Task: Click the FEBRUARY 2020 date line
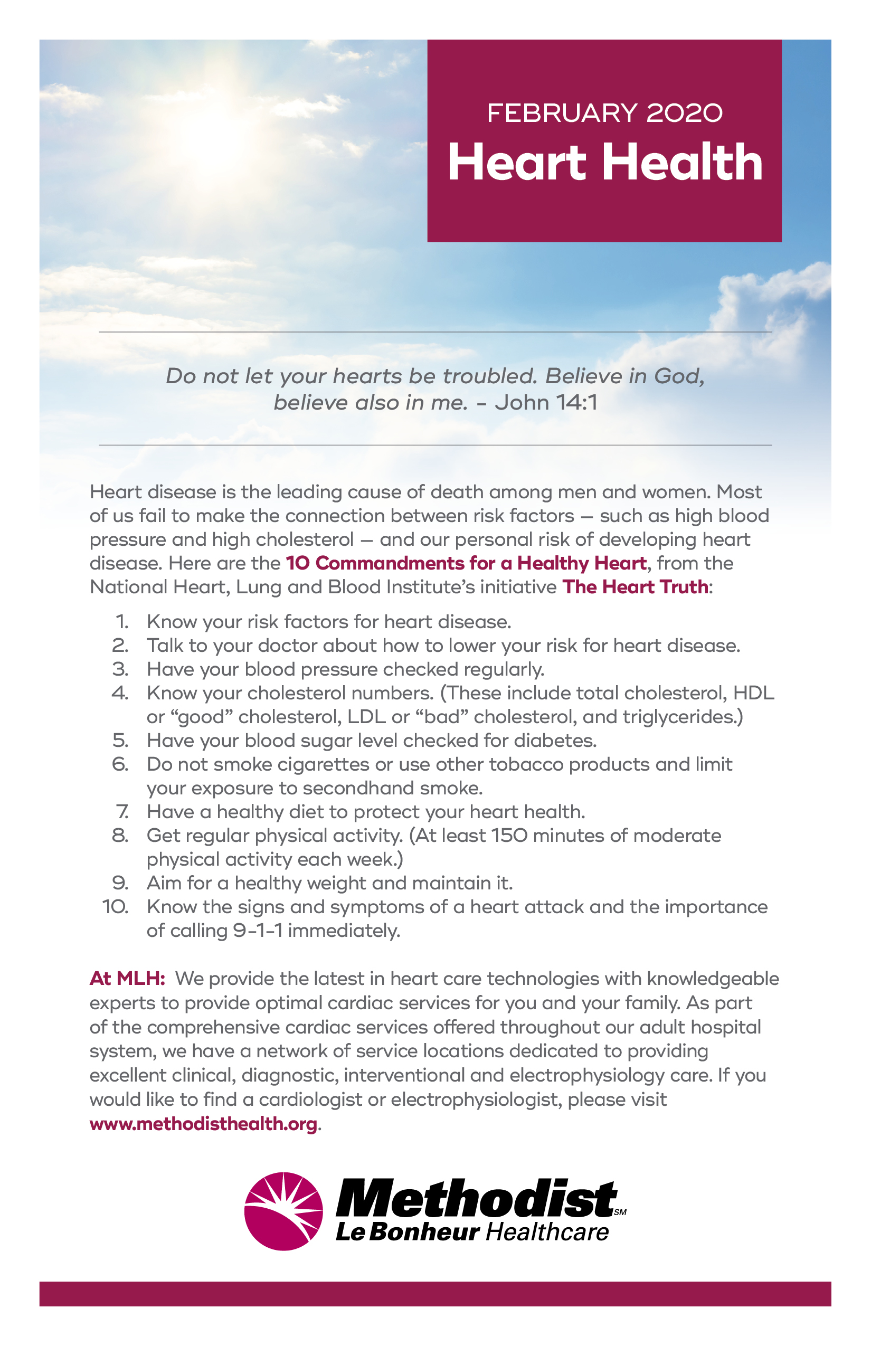[x=604, y=113]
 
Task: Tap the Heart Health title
[x=604, y=163]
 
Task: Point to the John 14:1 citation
[x=546, y=403]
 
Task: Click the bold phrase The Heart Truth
[x=635, y=587]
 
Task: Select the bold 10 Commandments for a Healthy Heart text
[x=466, y=563]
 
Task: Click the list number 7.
[x=122, y=812]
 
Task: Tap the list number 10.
[x=116, y=907]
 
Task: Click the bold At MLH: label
[x=127, y=979]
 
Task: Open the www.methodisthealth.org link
[x=203, y=1124]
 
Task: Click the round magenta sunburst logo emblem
[x=283, y=1211]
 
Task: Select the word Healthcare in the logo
[x=547, y=1233]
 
